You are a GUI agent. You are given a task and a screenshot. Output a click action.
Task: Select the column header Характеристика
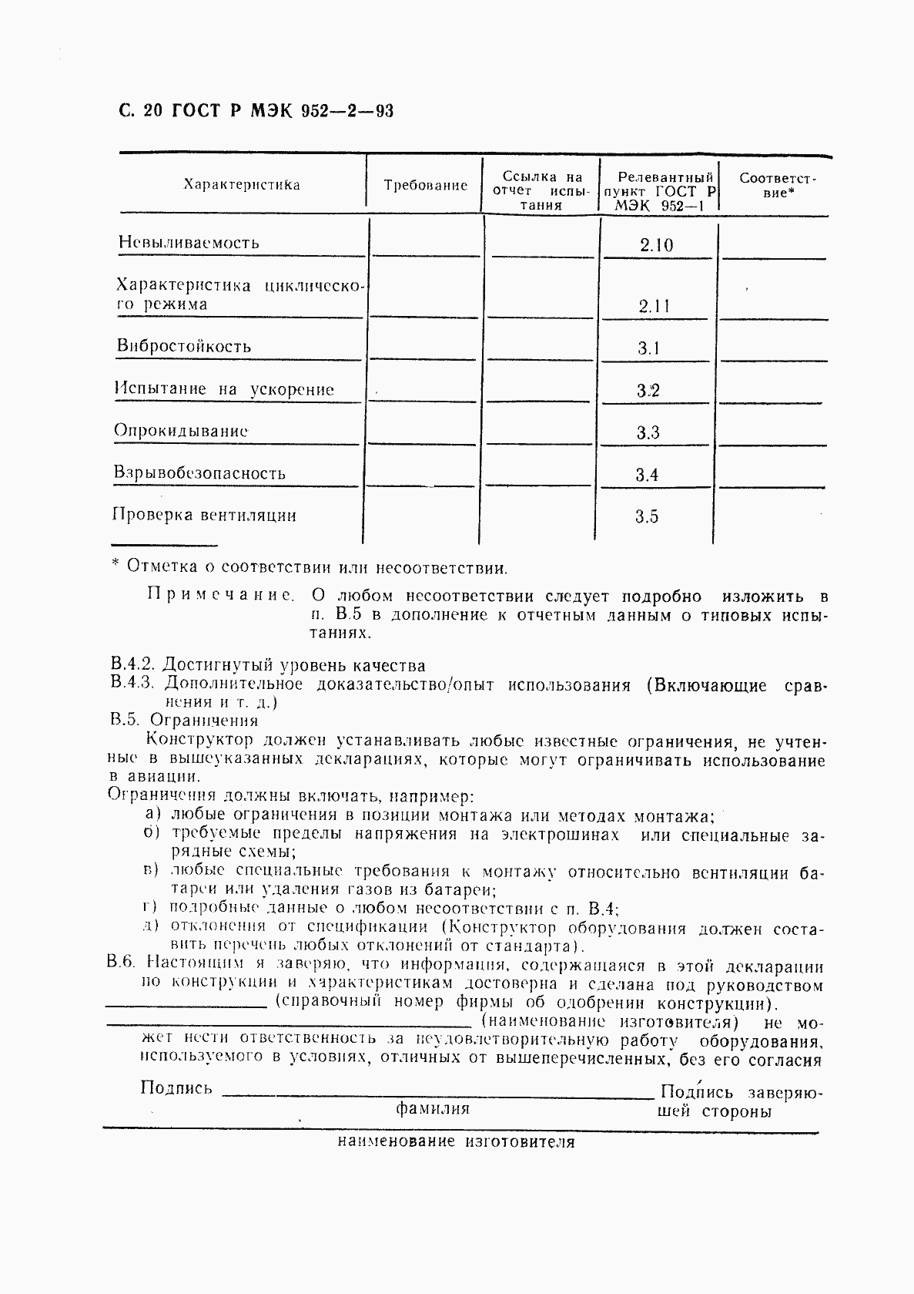[x=242, y=185]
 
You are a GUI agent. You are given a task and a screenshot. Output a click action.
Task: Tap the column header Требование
[x=426, y=185]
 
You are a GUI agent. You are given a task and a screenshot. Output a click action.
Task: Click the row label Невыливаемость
[x=189, y=243]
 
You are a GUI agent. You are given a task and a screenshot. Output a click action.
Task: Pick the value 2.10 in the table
[x=656, y=246]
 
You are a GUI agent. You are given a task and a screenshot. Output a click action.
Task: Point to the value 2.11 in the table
[x=655, y=306]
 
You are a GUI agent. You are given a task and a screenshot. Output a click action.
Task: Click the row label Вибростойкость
[x=184, y=346]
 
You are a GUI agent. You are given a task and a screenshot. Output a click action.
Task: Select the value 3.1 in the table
[x=648, y=348]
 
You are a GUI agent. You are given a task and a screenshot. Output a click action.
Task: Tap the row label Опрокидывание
[x=181, y=430]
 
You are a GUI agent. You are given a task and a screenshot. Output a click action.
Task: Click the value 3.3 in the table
[x=648, y=433]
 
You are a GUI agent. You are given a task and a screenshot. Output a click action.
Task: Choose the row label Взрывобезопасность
[x=199, y=473]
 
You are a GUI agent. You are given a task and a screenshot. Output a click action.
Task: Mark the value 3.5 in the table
[x=647, y=517]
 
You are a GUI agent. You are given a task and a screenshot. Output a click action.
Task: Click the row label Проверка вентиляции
[x=204, y=515]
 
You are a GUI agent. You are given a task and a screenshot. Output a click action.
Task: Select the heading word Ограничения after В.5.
[x=204, y=721]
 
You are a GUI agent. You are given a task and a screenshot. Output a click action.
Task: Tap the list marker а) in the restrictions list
[x=152, y=815]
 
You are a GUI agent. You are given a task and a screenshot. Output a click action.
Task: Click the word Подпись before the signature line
[x=176, y=1088]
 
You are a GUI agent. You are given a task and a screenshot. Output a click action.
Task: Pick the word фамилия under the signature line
[x=432, y=1109]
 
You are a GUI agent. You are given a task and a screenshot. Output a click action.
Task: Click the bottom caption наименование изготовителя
[x=456, y=1142]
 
